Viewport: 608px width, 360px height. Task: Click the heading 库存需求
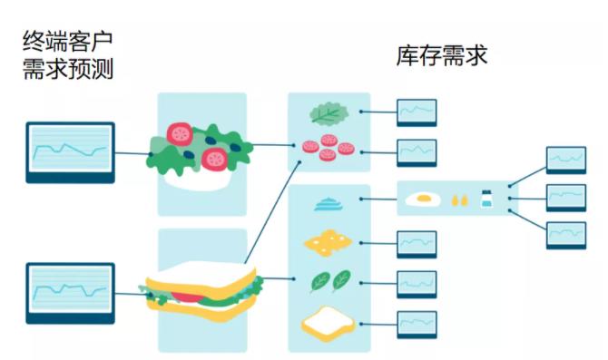coord(442,56)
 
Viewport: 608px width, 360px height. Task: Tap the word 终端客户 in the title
coord(67,40)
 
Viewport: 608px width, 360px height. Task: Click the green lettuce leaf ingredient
coord(329,113)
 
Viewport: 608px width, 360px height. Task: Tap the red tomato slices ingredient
coord(327,147)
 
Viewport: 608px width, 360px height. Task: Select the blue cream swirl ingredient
coord(328,204)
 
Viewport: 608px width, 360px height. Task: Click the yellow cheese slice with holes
coord(328,241)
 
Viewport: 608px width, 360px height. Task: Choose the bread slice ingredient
coord(327,320)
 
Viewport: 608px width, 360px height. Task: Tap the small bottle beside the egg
coord(486,199)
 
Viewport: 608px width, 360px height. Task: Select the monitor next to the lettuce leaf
coord(416,112)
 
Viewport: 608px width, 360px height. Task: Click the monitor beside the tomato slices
coord(416,151)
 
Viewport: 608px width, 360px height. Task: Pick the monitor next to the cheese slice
coord(416,244)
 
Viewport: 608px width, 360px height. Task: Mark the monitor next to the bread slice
coord(416,324)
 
